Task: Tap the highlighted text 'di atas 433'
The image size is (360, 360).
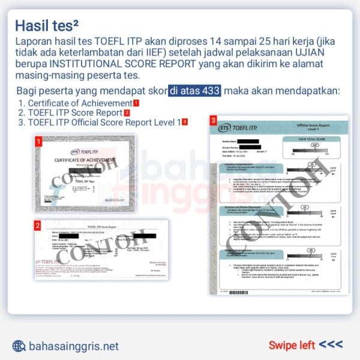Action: click(195, 91)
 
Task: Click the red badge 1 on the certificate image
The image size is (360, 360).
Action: click(38, 142)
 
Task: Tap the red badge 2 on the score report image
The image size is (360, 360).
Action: click(38, 226)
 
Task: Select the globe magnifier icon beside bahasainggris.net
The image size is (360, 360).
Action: click(19, 346)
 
